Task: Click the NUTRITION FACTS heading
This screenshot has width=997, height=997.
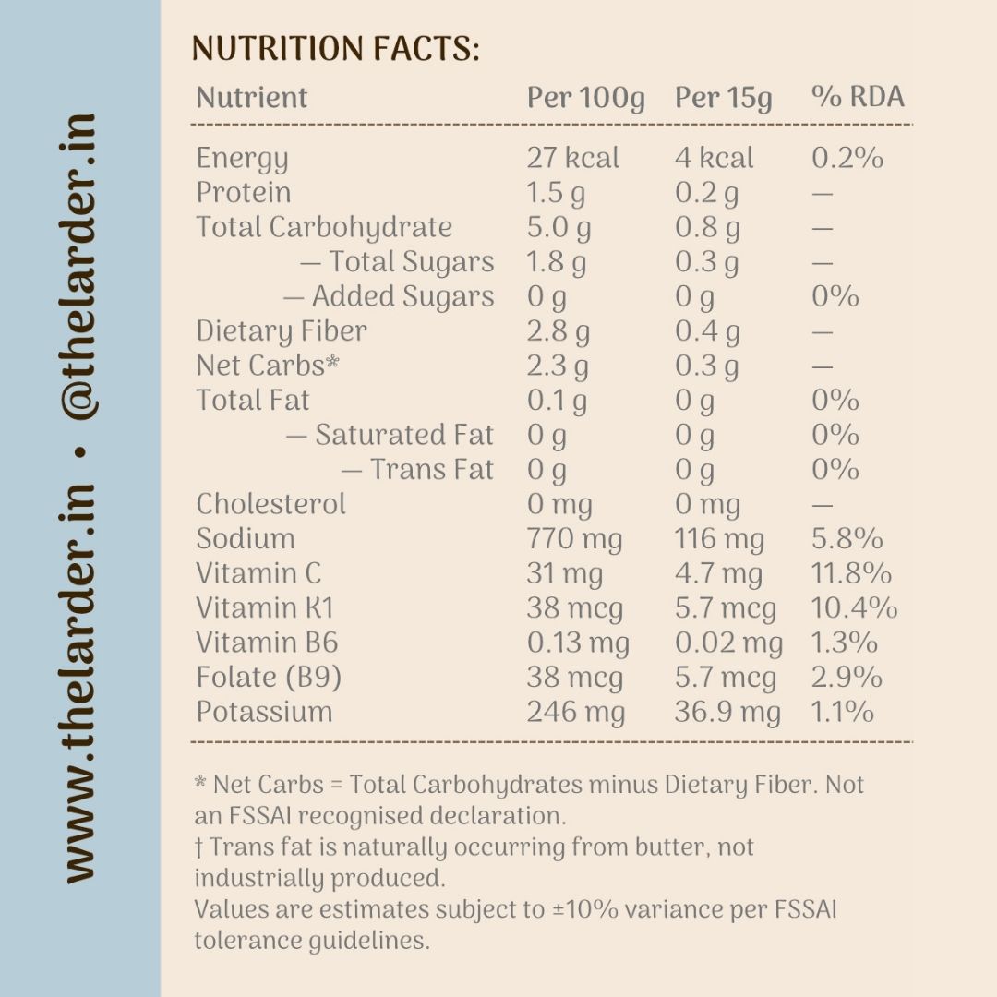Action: click(x=336, y=49)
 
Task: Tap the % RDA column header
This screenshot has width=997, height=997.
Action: click(x=858, y=97)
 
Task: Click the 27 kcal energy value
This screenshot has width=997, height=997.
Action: click(x=573, y=158)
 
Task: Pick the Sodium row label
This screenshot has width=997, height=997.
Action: click(x=246, y=538)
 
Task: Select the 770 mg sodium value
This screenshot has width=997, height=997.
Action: click(x=574, y=540)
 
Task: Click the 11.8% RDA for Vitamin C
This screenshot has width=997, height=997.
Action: click(x=851, y=573)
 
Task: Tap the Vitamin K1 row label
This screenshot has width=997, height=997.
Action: click(x=265, y=607)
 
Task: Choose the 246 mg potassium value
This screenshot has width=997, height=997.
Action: click(x=576, y=713)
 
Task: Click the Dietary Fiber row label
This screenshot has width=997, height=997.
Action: click(x=282, y=332)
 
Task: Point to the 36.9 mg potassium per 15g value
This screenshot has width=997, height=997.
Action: click(x=727, y=713)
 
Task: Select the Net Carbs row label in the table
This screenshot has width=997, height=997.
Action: click(x=268, y=366)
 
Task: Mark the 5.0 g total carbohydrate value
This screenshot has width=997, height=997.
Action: click(x=559, y=228)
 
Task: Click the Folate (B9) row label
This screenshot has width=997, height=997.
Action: click(x=269, y=678)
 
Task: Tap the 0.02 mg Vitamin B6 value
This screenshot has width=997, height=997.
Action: click(x=728, y=643)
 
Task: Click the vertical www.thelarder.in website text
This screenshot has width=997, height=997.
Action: click(x=80, y=683)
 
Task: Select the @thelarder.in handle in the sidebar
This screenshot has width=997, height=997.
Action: click(x=80, y=267)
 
